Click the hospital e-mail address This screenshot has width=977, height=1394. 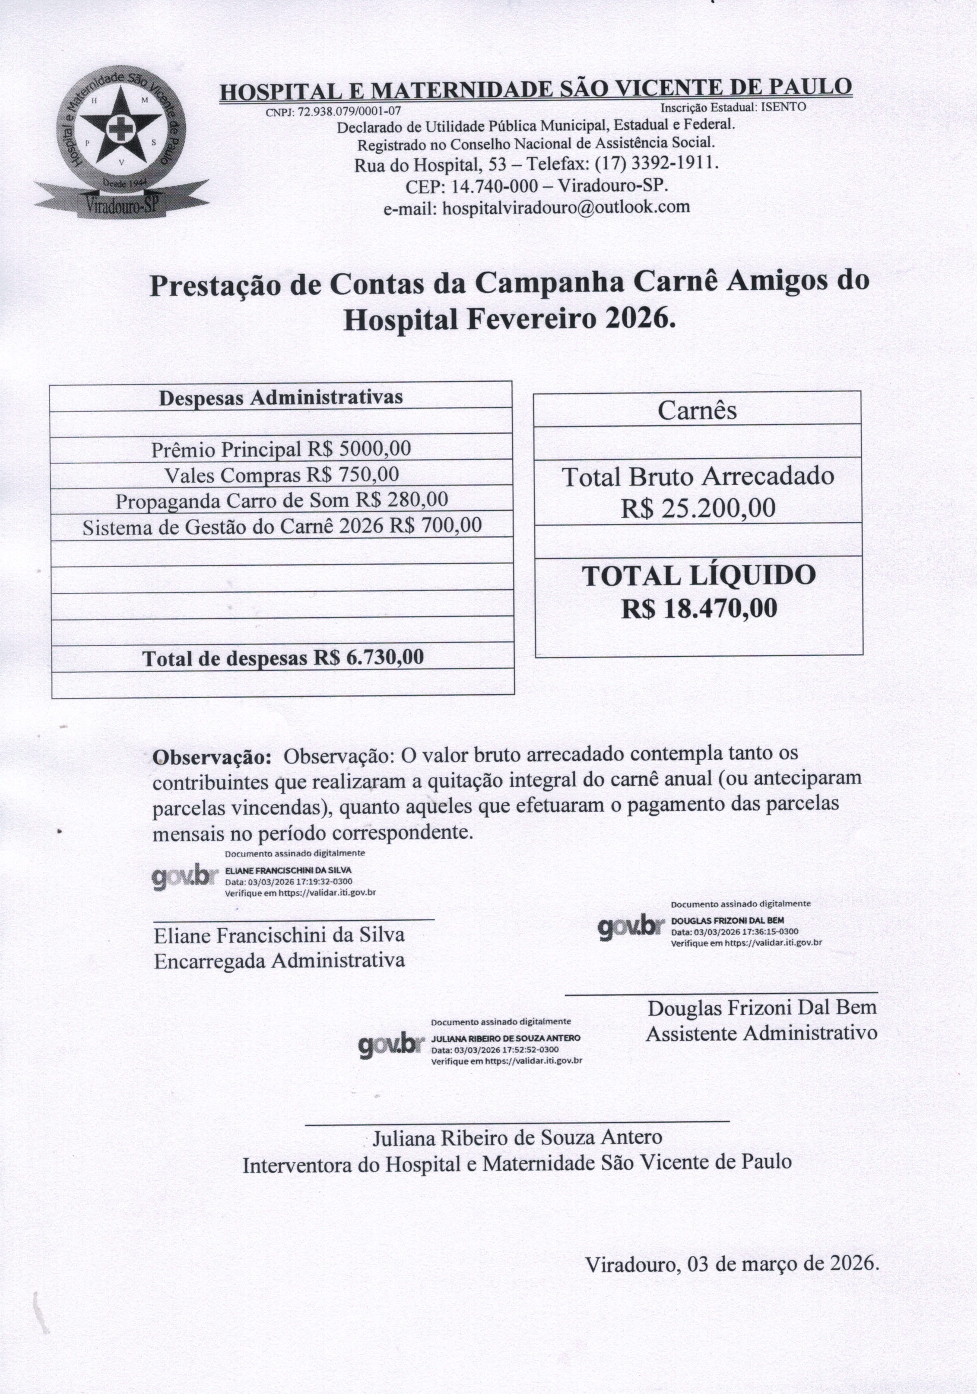pos(566,207)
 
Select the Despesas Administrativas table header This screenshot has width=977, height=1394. pos(281,398)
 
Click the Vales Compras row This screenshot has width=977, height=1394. pos(282,475)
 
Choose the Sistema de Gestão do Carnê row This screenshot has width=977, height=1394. pos(282,526)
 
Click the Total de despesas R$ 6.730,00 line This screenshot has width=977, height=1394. pos(283,657)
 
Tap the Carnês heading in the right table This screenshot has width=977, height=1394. pos(697,411)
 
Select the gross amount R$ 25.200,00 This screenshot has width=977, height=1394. pos(698,507)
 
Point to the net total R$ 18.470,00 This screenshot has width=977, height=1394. pos(699,608)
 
